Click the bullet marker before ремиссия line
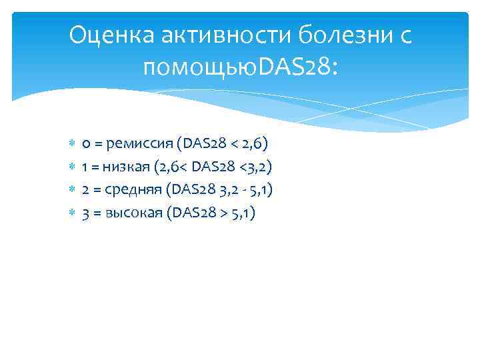[72, 143]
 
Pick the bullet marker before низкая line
[72, 166]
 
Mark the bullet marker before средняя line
[72, 189]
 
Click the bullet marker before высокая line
[72, 213]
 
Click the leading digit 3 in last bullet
[85, 213]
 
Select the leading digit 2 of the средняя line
[85, 190]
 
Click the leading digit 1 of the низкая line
[85, 167]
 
